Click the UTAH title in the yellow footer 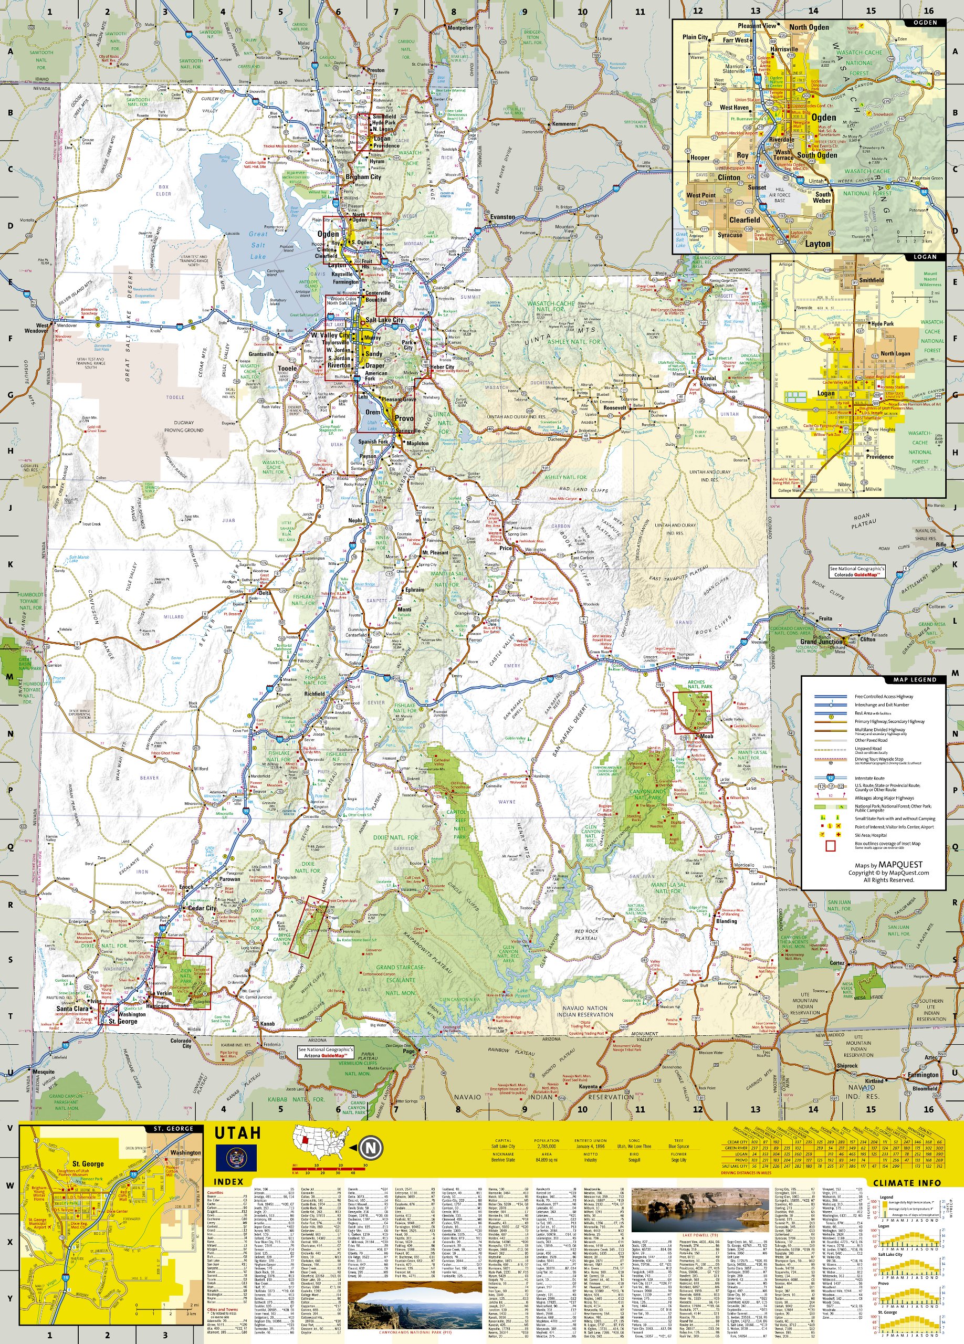237,1132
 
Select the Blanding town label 726,921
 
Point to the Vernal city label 708,378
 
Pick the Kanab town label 267,1023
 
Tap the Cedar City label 202,908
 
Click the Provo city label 404,418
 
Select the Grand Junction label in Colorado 821,641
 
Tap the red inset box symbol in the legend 830,846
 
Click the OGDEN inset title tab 925,23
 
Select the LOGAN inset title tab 925,257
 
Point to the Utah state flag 236,1157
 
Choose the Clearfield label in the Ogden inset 744,220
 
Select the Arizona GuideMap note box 326,1053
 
